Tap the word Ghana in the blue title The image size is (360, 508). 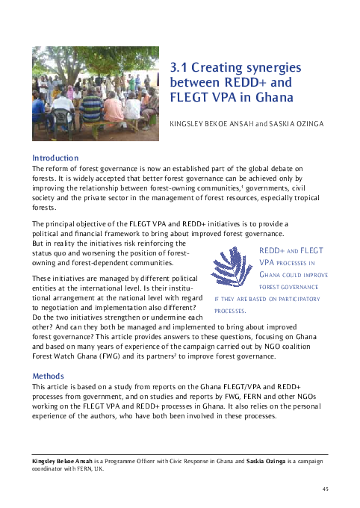[x=267, y=97]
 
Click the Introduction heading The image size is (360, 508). [x=55, y=158]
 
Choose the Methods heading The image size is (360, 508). [x=49, y=376]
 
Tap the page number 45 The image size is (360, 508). [x=324, y=489]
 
